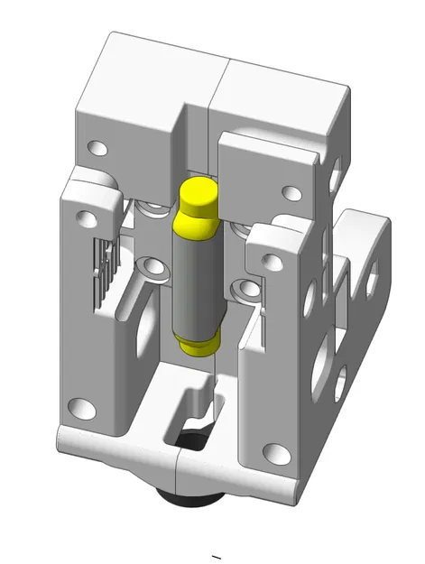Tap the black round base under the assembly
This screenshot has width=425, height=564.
189,494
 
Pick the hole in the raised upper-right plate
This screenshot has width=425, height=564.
291,192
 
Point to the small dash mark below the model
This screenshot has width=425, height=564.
215,554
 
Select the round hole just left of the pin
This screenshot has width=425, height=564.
149,267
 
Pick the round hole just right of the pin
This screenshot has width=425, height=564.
241,290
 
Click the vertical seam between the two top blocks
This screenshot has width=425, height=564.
209,99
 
